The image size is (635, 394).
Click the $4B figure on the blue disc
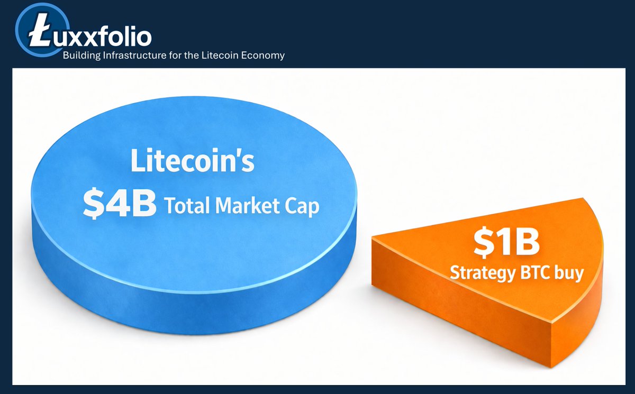[120, 204]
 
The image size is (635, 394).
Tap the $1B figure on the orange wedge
[506, 243]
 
